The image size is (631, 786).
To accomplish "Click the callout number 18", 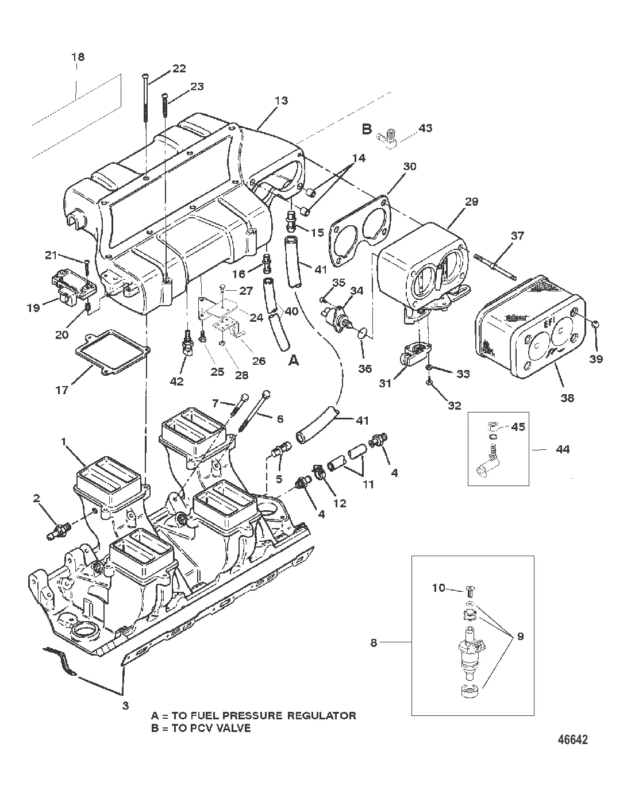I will (78, 57).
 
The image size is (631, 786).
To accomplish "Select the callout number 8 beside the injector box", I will (374, 643).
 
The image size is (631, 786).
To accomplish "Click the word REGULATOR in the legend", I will (320, 715).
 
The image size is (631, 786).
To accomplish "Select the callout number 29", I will (471, 202).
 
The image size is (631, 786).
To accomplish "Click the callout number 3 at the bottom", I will (125, 705).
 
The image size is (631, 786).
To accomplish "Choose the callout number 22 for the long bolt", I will (179, 68).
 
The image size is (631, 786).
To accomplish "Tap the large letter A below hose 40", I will (293, 360).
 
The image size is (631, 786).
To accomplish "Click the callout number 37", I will (517, 236).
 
